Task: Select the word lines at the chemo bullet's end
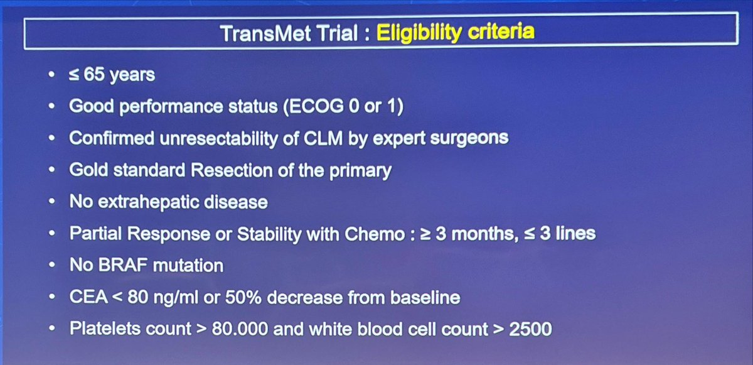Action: (571, 234)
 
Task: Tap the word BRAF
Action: (121, 265)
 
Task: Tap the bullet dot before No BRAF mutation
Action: (51, 266)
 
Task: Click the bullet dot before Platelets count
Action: (51, 330)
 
